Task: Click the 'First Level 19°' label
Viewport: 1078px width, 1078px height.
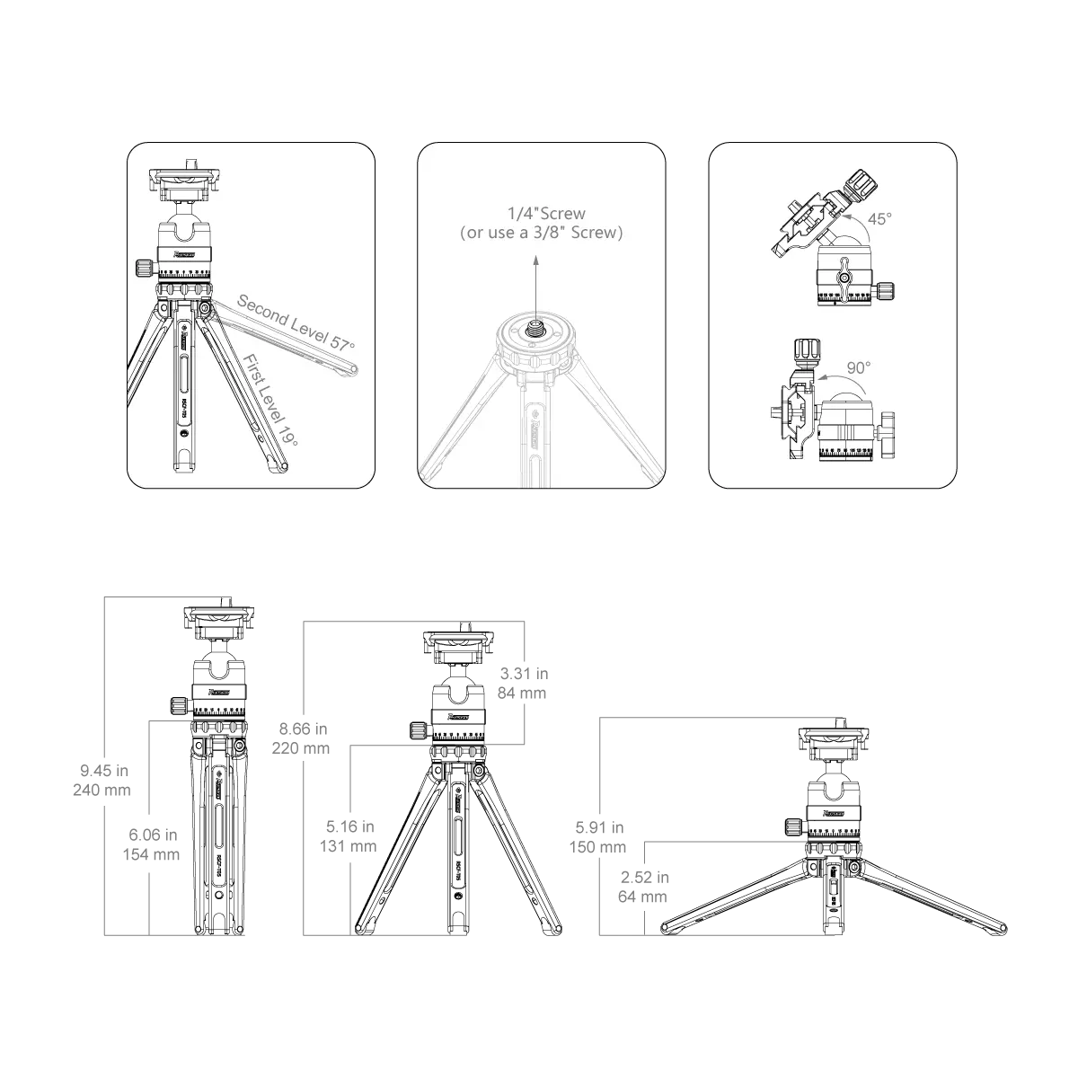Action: pyautogui.click(x=270, y=400)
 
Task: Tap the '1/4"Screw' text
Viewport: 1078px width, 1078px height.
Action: pyautogui.click(x=544, y=214)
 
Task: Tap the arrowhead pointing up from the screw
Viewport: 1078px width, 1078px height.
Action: pyautogui.click(x=536, y=259)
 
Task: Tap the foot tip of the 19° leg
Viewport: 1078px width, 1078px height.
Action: pyautogui.click(x=284, y=467)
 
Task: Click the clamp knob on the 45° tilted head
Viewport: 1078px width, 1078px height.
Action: pyautogui.click(x=862, y=184)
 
